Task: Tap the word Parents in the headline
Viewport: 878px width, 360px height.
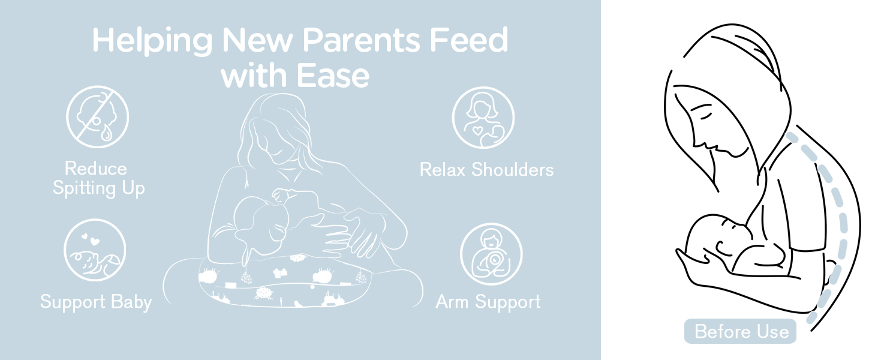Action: coord(361,40)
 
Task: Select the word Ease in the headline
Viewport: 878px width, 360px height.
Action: coord(333,75)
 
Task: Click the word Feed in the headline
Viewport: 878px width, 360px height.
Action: coord(469,40)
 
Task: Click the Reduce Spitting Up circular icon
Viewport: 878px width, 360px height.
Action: coord(97,117)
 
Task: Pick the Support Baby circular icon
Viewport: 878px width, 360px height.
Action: coord(95,250)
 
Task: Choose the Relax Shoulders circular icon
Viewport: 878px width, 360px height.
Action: coord(483,118)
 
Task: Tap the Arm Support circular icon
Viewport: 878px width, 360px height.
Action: coord(491,254)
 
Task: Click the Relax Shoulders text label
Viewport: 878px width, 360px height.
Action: coord(486,170)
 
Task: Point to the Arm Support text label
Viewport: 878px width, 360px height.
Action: coord(488,302)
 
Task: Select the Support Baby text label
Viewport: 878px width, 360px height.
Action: coord(96,302)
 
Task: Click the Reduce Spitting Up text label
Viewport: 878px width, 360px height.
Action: coord(98,178)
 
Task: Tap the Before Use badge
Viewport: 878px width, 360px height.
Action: coord(740,331)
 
